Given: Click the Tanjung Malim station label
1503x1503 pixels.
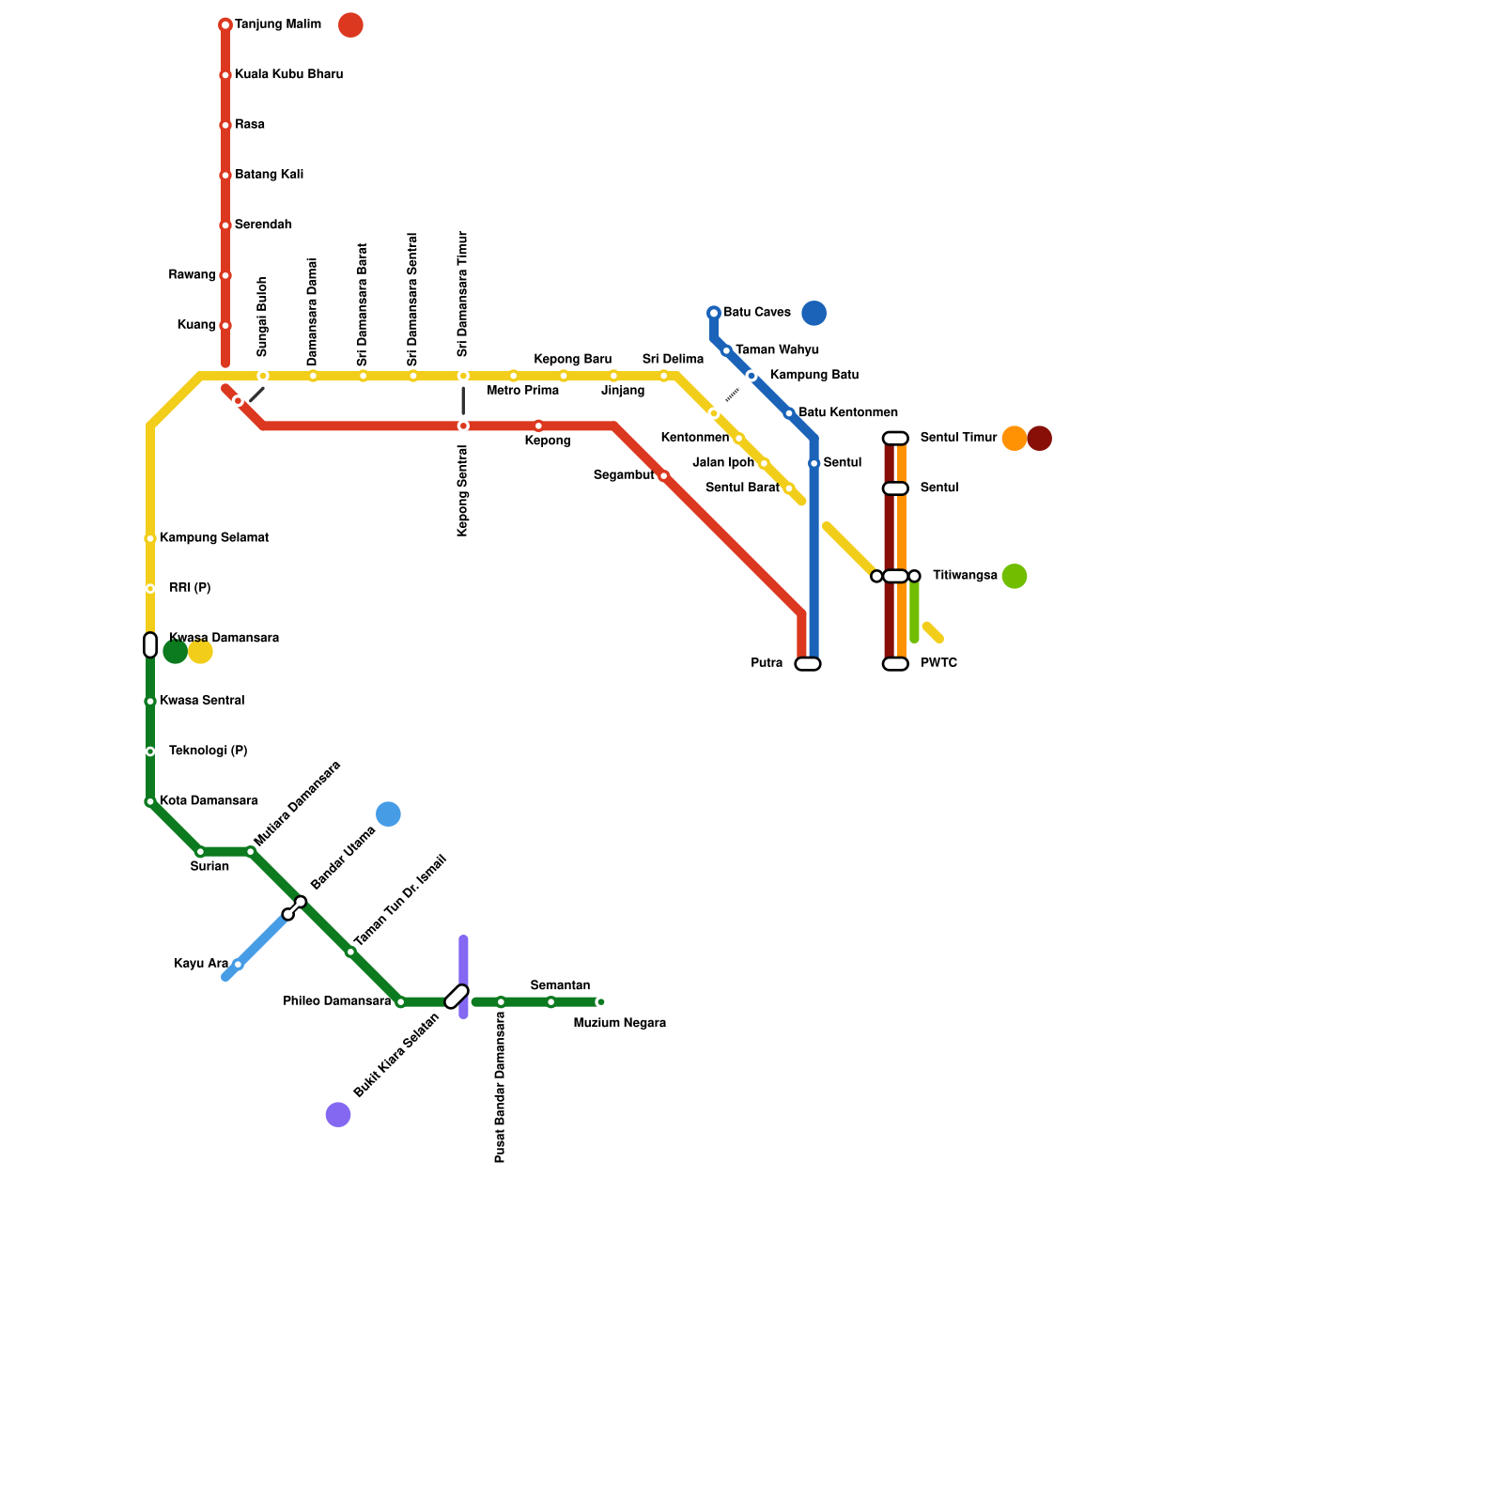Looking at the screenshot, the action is tap(277, 24).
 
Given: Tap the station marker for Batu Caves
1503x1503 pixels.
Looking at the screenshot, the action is tap(714, 313).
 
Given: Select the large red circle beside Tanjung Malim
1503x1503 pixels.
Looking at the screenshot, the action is tap(350, 25).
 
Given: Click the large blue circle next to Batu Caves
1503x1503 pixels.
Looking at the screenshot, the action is tap(814, 313).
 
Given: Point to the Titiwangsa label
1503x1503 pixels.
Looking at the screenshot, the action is tap(965, 576).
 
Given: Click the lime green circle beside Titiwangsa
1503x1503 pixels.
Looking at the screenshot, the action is tap(1015, 576).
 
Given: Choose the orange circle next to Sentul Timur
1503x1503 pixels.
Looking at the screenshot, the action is tap(1015, 438).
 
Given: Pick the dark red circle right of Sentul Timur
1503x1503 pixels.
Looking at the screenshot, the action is tap(1039, 438).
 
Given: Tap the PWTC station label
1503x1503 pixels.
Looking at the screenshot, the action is tap(938, 663).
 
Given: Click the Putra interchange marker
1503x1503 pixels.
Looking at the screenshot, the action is tap(808, 664).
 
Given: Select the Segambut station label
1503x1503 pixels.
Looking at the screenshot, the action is tap(624, 476).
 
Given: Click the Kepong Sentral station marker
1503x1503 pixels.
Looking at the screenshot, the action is tap(463, 426).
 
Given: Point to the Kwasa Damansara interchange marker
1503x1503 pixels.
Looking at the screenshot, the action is tap(150, 645).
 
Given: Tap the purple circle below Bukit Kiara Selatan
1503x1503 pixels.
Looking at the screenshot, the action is tap(338, 1115).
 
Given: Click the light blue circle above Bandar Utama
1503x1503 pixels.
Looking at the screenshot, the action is tap(388, 814).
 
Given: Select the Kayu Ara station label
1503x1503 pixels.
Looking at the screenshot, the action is tap(201, 964).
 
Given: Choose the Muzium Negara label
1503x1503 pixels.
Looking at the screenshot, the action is tap(620, 1023).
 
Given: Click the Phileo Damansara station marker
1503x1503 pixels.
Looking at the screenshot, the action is tap(401, 1002).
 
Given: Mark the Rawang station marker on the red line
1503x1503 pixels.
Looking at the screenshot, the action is tap(225, 275).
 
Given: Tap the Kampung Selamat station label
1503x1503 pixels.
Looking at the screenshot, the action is tap(214, 538).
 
